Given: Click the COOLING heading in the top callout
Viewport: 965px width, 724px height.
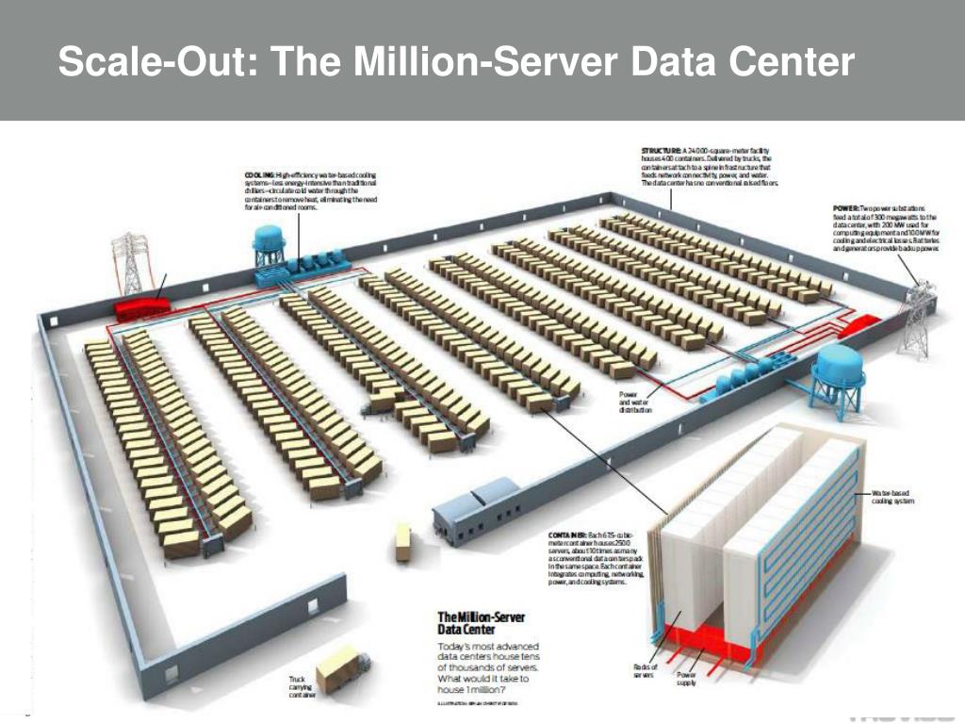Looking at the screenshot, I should pos(259,175).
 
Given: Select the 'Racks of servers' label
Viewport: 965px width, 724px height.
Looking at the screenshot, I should pos(646,671).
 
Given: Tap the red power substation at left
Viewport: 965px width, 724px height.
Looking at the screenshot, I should pos(141,307).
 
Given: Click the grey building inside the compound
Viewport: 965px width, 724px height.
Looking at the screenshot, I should pos(477,509).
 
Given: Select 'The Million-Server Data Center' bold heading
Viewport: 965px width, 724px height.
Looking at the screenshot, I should pos(481,622).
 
